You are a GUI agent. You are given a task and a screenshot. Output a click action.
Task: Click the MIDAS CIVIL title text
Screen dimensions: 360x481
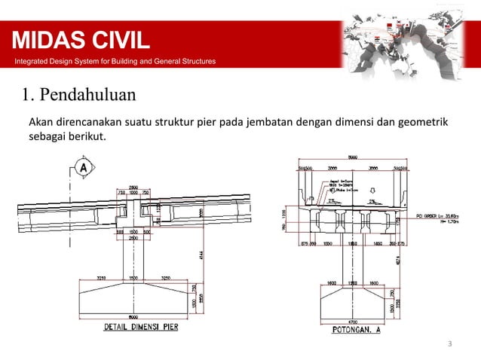click(79, 40)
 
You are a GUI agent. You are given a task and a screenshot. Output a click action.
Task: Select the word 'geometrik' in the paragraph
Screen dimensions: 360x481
click(424, 121)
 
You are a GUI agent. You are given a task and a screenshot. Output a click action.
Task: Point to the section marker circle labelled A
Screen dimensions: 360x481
click(81, 166)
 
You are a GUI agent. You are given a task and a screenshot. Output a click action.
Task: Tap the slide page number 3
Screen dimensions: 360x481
click(449, 345)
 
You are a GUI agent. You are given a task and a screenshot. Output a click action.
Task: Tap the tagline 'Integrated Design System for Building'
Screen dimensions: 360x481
click(109, 61)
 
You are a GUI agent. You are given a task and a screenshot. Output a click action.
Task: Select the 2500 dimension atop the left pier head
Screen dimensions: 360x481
click(133, 186)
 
